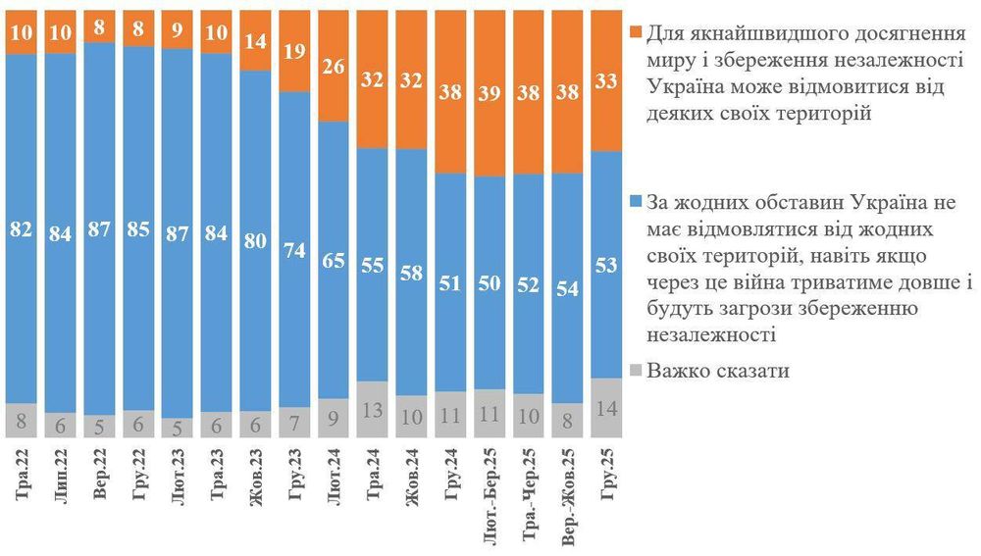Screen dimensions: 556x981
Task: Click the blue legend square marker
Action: pyautogui.click(x=635, y=203)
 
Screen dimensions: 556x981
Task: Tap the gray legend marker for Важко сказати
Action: pyautogui.click(x=635, y=372)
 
